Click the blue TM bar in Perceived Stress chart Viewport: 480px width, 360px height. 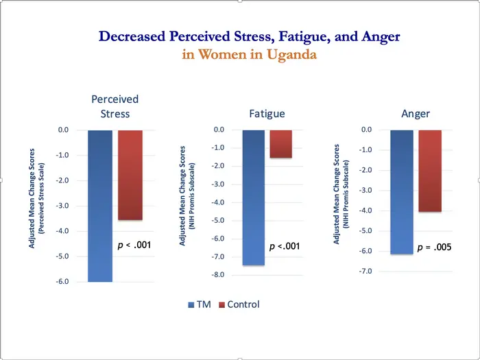coord(99,206)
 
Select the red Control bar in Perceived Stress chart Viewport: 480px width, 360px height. coord(130,175)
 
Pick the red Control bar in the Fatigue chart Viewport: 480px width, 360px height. coord(280,144)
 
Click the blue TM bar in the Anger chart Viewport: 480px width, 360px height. coord(402,192)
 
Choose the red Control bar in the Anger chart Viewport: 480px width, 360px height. coord(430,171)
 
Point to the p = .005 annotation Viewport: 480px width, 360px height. coord(433,248)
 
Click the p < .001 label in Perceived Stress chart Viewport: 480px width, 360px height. coord(134,245)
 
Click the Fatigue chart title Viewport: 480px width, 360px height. coord(267,114)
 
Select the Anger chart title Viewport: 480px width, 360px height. coord(416,114)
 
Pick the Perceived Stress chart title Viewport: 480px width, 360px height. coord(115,106)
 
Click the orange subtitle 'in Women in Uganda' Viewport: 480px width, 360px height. coord(249,55)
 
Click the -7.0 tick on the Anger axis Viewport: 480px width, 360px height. coord(366,272)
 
